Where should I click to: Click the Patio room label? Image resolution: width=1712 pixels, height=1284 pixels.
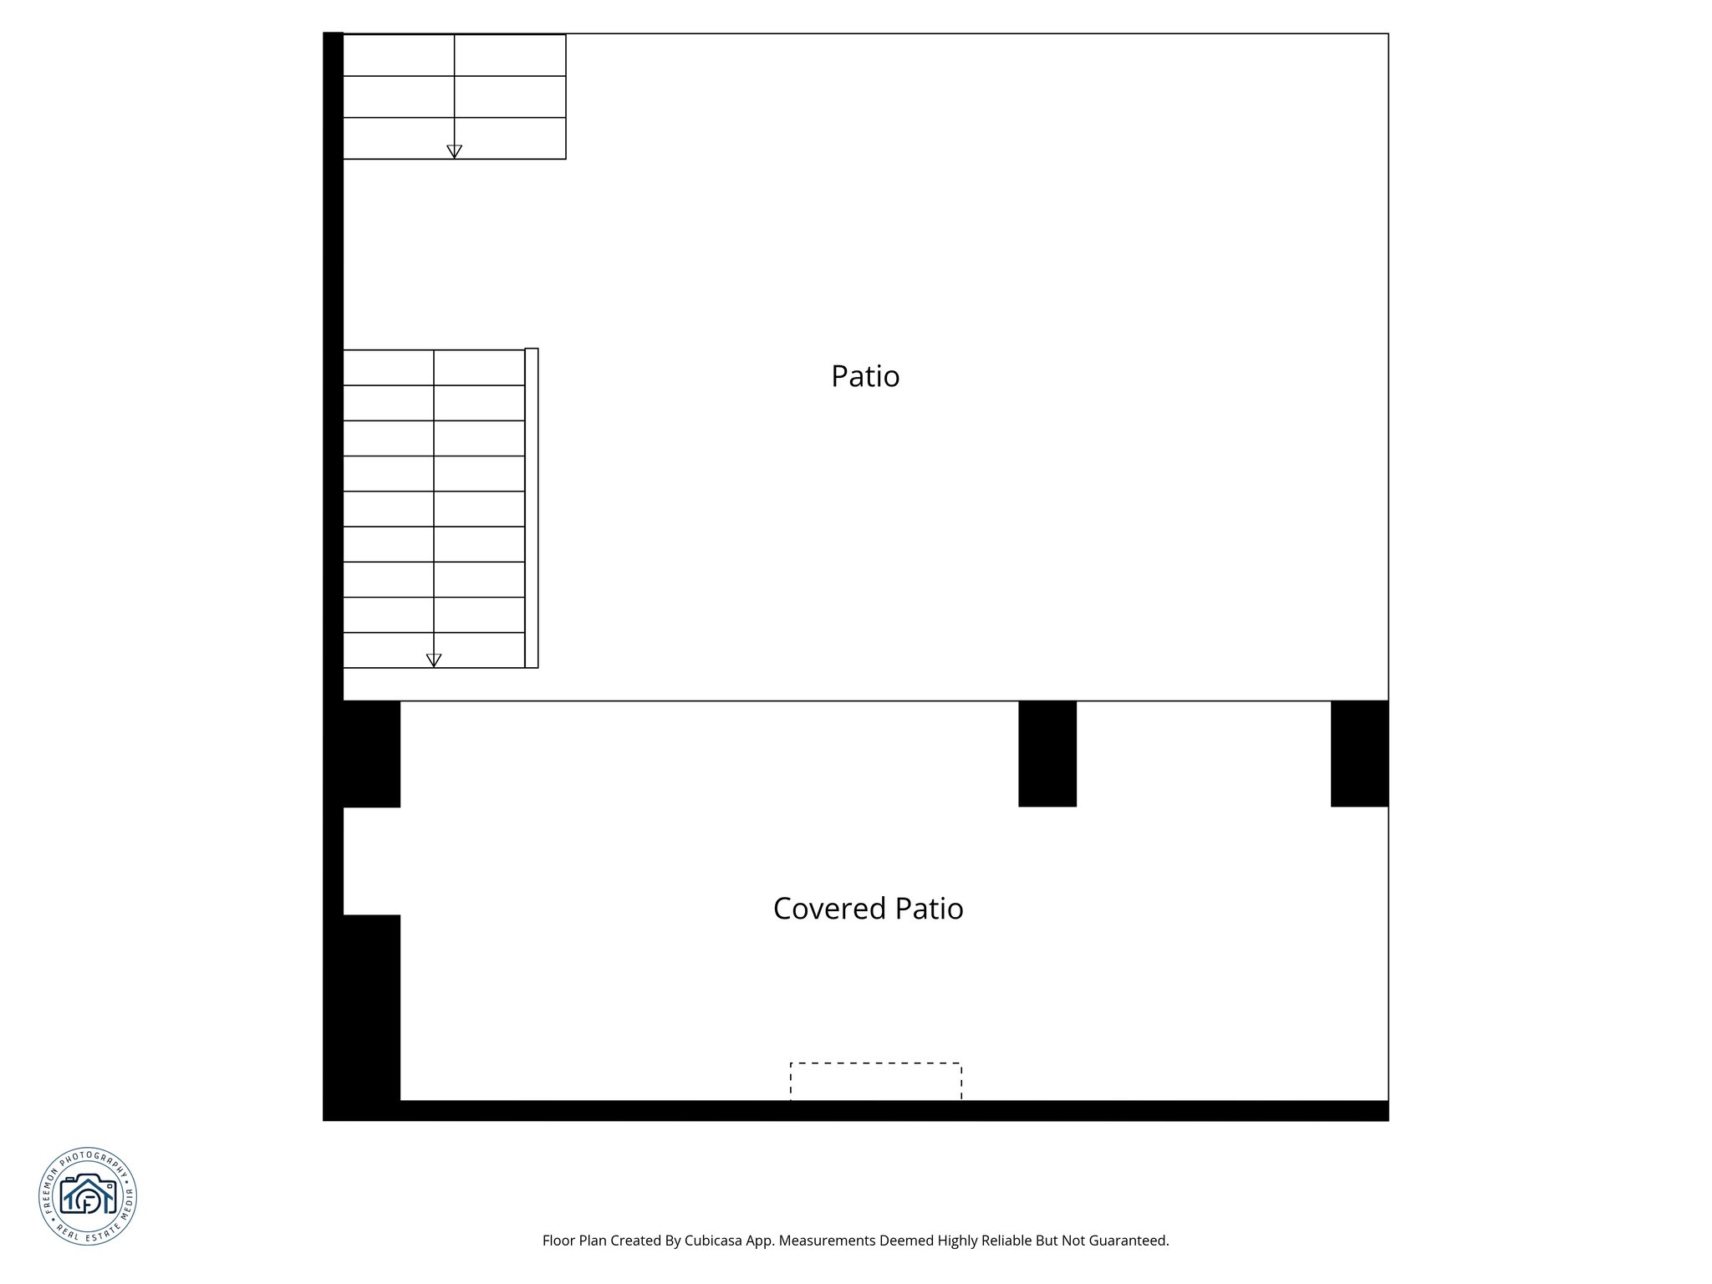865,376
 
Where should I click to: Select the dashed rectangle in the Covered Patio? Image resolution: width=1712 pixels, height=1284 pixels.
875,1082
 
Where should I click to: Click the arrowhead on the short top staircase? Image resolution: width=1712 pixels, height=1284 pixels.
454,151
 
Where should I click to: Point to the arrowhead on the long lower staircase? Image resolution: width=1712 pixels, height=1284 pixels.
434,660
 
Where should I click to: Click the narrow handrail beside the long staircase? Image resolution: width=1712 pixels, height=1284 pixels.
532,507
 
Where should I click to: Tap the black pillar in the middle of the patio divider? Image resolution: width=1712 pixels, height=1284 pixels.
1047,753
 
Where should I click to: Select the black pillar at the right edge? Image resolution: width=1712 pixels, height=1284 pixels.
1359,753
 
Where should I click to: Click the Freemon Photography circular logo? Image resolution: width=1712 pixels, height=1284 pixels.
88,1196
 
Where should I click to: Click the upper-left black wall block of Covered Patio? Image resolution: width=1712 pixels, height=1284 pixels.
371,754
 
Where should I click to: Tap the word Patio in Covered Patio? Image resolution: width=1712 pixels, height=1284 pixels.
929,909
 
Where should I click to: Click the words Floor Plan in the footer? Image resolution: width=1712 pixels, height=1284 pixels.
574,1241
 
